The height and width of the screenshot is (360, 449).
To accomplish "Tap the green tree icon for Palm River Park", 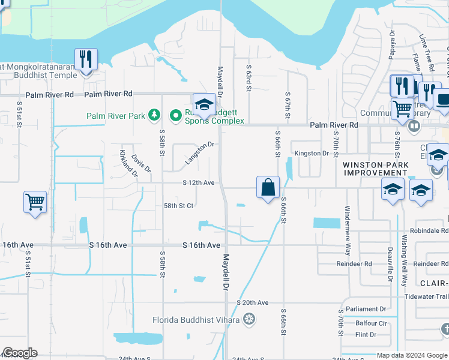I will [x=155, y=114].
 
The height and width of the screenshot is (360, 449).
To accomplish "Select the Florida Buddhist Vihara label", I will [x=196, y=319].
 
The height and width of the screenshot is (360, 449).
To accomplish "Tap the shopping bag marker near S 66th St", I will [x=268, y=187].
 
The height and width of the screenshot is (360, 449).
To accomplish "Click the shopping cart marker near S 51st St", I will [x=35, y=202].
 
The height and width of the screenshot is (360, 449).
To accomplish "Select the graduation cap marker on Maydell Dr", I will [x=204, y=105].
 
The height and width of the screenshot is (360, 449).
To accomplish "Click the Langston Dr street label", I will [x=200, y=152].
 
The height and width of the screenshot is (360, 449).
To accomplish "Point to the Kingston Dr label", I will [x=312, y=154].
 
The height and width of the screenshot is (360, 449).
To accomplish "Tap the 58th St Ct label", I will [x=178, y=205].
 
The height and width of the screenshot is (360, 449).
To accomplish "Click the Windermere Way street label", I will [x=347, y=223].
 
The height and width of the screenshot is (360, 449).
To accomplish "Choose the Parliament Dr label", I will [x=366, y=310].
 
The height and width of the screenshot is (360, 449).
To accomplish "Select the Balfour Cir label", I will [x=371, y=323].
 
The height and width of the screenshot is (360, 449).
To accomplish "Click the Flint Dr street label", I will [x=366, y=335].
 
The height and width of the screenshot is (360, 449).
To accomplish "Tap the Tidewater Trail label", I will [x=426, y=296].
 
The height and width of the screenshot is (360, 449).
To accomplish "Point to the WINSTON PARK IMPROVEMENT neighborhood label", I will [x=375, y=169].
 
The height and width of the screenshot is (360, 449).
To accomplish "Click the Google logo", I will [x=20, y=353].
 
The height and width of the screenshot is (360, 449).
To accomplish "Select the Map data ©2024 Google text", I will [x=411, y=355].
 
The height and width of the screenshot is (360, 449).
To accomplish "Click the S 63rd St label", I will [x=248, y=76].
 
